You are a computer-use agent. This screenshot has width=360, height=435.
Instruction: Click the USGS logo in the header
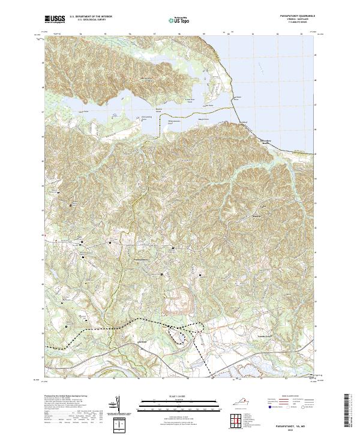click(x=55, y=19)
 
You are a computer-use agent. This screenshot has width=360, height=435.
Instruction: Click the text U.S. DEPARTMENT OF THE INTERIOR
click(x=91, y=17)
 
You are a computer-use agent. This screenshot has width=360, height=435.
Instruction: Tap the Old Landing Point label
click(x=146, y=118)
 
